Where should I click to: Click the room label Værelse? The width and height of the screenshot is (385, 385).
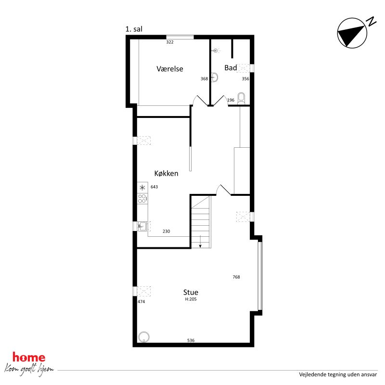(x=170, y=69)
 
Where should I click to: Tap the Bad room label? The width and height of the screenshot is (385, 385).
(x=231, y=68)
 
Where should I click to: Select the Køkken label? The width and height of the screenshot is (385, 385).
(x=166, y=173)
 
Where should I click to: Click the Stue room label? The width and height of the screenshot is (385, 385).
(x=191, y=292)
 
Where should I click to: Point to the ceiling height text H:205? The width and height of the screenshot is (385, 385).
(x=191, y=299)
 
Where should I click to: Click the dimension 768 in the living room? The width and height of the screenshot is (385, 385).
(x=236, y=277)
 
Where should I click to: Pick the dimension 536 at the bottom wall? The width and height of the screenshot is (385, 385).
(x=191, y=341)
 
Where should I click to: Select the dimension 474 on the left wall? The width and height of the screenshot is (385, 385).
(x=141, y=302)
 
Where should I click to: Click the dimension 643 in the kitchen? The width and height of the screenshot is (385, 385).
(x=154, y=187)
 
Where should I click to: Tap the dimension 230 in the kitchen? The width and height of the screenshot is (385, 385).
(x=166, y=231)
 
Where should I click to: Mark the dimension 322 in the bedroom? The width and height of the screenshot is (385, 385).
(x=169, y=42)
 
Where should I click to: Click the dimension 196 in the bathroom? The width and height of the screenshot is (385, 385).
(x=230, y=100)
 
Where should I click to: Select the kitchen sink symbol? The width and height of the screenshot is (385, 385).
(x=142, y=226)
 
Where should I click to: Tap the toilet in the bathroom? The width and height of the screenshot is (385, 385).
(x=242, y=98)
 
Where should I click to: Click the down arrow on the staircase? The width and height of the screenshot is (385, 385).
(x=200, y=242)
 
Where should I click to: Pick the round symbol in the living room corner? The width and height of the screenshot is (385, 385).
(x=143, y=337)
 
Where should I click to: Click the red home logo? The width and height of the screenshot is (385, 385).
(x=29, y=358)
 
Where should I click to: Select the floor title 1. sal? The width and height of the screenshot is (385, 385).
(x=134, y=29)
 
